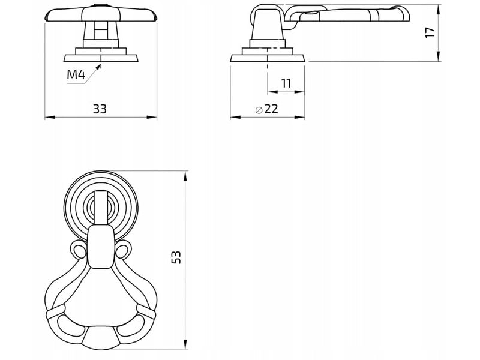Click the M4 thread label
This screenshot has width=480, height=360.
pos(76,74)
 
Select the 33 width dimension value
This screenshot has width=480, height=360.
pos(100,109)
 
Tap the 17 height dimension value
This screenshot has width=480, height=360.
pos(430,32)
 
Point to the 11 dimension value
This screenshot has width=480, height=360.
pos(286,83)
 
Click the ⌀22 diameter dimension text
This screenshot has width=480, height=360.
pos(266,109)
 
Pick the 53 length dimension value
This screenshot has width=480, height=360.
pos(176,257)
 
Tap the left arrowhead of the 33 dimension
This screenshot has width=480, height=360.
pos(50,117)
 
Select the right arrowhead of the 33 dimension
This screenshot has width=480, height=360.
pos(152,117)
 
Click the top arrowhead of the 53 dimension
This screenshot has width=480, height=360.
pos(185,176)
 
